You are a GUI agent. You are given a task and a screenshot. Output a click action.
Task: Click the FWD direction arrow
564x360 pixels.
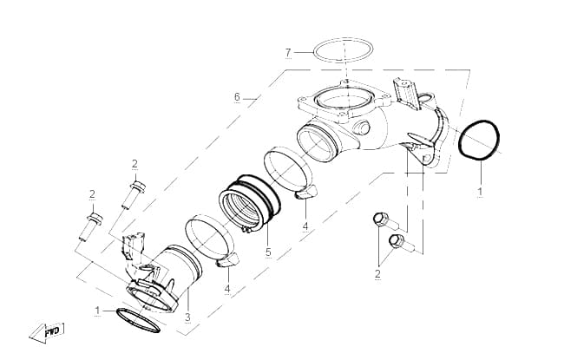(x=47, y=332)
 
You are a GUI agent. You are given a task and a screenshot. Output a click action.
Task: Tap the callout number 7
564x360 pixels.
(x=288, y=53)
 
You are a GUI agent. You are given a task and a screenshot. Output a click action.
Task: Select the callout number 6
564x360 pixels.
(x=237, y=97)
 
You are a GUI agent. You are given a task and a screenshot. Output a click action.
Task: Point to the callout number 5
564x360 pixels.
(x=268, y=252)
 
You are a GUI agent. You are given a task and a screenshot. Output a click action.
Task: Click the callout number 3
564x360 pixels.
(x=187, y=317)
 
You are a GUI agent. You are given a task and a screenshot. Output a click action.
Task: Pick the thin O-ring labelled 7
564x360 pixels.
(x=343, y=39)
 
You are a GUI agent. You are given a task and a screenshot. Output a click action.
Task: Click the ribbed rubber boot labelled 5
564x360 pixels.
(x=249, y=203)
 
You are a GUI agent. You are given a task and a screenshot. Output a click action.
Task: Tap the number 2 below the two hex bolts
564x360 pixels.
(x=377, y=273)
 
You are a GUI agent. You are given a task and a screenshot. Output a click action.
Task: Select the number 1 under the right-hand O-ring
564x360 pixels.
(x=480, y=192)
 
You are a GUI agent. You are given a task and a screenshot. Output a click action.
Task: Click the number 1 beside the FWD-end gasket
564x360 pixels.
(x=97, y=311)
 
